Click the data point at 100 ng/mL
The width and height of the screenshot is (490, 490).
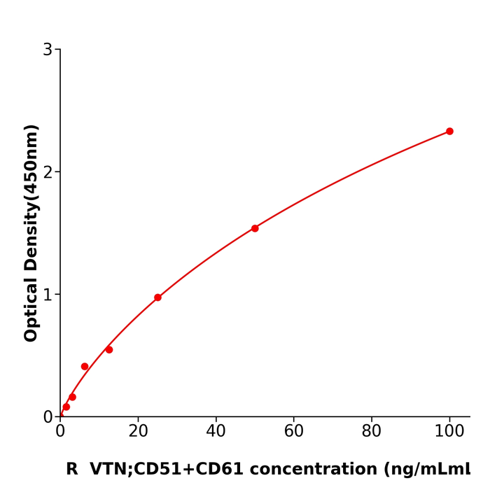pyautogui.click(x=449, y=131)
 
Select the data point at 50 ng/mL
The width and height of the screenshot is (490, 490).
pyautogui.click(x=255, y=228)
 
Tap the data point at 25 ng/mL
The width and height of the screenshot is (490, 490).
pyautogui.click(x=157, y=297)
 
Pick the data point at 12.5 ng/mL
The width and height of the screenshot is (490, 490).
pyautogui.click(x=109, y=349)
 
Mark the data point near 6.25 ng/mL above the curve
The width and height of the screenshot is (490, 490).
pyautogui.click(x=85, y=366)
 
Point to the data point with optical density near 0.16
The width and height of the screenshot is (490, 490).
pyautogui.click(x=72, y=397)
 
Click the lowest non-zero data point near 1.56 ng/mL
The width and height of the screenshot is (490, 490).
pyautogui.click(x=66, y=407)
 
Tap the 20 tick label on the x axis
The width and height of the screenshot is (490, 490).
pyautogui.click(x=138, y=432)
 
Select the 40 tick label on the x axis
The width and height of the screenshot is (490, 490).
pyautogui.click(x=216, y=432)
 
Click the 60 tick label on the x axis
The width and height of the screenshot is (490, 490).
pyautogui.click(x=294, y=432)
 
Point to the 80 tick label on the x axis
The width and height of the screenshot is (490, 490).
pyautogui.click(x=372, y=432)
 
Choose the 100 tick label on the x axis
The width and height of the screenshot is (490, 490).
pyautogui.click(x=449, y=432)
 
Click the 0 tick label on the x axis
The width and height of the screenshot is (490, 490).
pyautogui.click(x=60, y=432)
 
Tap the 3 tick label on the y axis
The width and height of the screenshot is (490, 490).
pyautogui.click(x=48, y=50)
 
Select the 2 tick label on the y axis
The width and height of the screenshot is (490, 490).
pyautogui.click(x=48, y=172)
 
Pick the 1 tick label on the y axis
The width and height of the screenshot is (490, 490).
pyautogui.click(x=48, y=295)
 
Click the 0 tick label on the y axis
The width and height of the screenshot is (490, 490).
pyautogui.click(x=48, y=417)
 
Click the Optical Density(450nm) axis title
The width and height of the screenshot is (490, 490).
pyautogui.click(x=31, y=233)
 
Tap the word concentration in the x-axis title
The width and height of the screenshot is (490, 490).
pyautogui.click(x=312, y=469)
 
